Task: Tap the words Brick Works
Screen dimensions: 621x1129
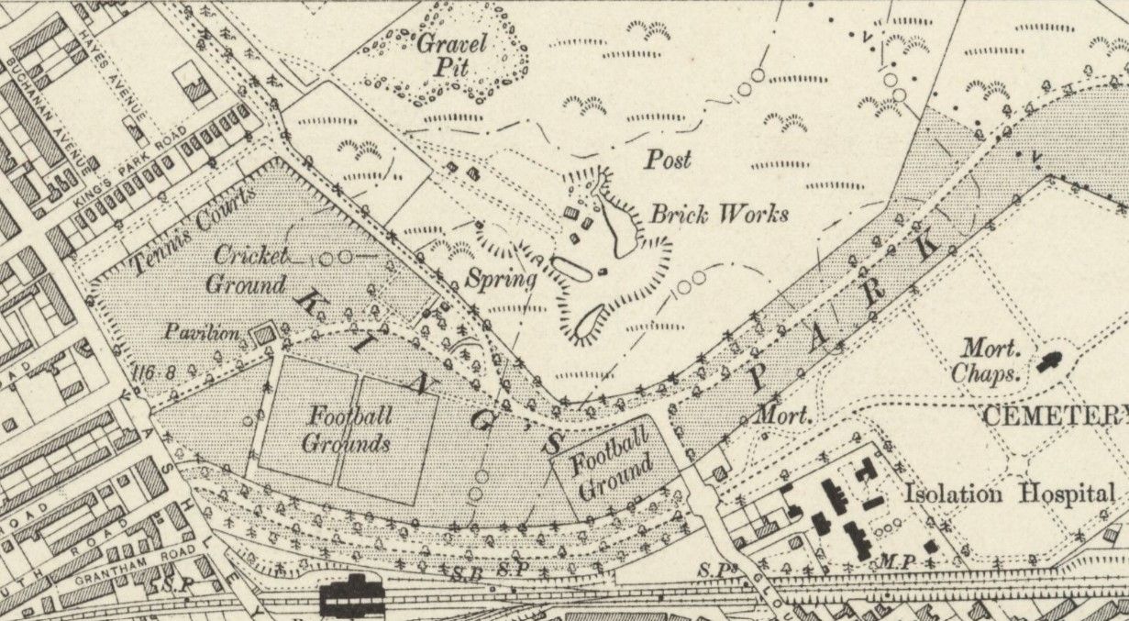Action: tap(718, 215)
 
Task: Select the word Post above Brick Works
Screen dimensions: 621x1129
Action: tap(668, 160)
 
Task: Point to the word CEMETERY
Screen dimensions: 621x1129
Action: tap(1055, 416)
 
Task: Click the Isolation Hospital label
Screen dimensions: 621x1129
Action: tap(1008, 493)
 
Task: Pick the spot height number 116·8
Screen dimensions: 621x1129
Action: tap(153, 372)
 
